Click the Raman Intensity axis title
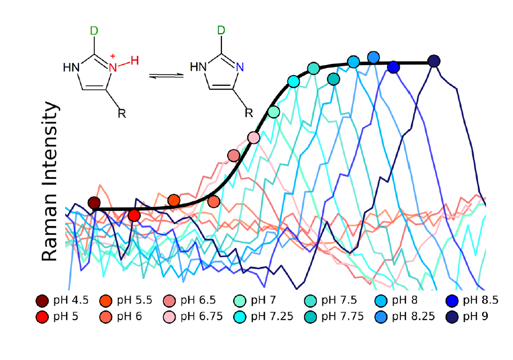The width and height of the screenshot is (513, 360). click(50, 181)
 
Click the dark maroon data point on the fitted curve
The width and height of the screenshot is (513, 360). click(94, 203)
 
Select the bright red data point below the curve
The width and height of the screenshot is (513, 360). click(133, 215)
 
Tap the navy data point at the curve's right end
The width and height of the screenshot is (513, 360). click(434, 61)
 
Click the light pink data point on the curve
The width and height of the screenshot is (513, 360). click(253, 137)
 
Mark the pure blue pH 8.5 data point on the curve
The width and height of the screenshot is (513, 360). click(394, 67)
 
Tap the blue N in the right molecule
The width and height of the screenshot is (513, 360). click(239, 67)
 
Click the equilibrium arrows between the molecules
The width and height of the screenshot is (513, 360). click(166, 75)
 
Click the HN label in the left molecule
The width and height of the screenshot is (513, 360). click(71, 68)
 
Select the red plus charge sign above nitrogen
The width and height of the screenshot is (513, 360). click(112, 56)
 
